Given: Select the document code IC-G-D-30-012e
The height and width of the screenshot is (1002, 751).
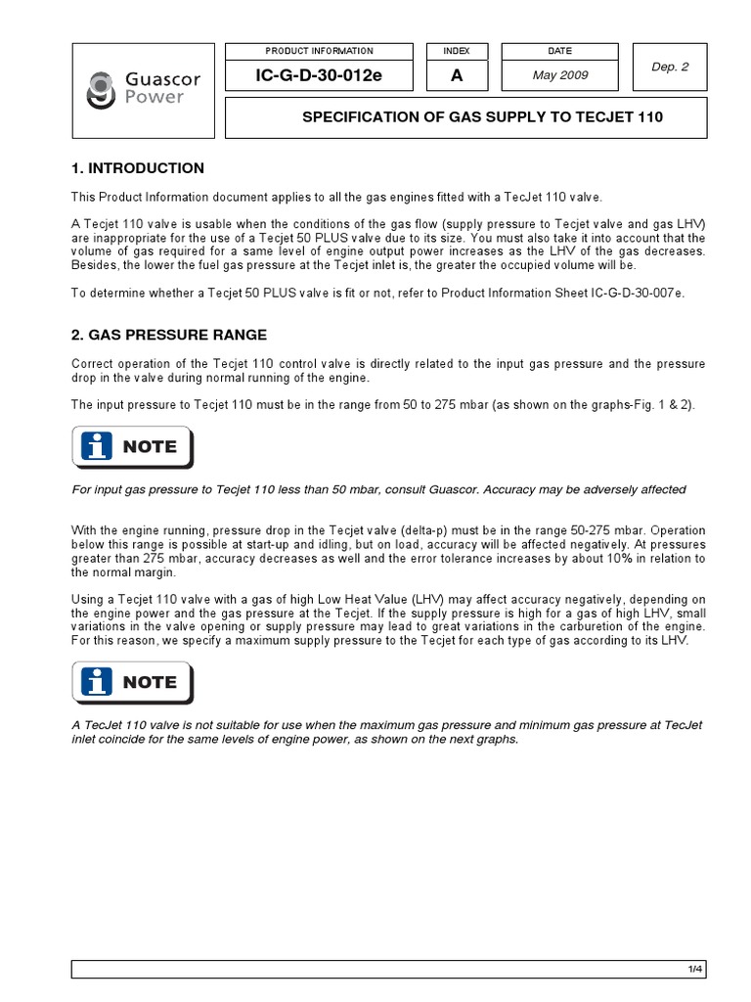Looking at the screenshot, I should tap(319, 75).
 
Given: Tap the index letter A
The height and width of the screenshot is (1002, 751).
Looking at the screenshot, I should tap(457, 75).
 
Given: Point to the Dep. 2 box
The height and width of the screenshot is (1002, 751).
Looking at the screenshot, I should tap(670, 68).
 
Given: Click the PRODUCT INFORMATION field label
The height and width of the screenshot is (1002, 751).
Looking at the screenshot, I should tap(319, 51).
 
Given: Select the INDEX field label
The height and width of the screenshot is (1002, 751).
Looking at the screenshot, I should tap(457, 51).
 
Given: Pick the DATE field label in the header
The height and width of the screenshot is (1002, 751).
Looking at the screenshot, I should tap(560, 51).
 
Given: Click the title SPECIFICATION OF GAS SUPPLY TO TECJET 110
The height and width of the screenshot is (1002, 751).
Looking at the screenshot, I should tap(482, 117).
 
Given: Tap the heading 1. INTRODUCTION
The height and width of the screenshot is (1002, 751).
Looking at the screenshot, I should tap(138, 168).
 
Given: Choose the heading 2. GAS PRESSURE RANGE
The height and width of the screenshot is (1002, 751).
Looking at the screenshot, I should tap(169, 335).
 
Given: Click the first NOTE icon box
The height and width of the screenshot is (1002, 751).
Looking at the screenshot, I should tap(132, 447).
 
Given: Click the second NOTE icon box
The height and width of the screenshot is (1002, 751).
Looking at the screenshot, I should tap(132, 682).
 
